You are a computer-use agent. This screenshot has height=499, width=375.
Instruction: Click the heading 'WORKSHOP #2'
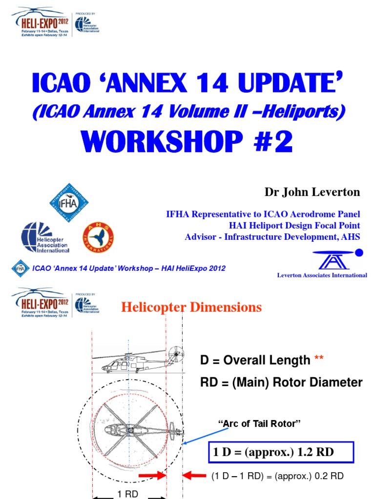(188, 142)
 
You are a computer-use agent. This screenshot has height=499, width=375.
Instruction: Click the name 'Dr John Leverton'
(312, 192)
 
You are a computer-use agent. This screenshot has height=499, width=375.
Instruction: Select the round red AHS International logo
(98, 237)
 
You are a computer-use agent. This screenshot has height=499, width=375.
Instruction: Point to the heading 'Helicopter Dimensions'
(191, 307)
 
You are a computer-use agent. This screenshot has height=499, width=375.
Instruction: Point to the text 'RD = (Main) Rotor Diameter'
(281, 383)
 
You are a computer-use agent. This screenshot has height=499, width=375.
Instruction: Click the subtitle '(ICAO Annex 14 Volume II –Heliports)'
(188, 112)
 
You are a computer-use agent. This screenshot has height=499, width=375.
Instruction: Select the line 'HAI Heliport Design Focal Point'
(294, 226)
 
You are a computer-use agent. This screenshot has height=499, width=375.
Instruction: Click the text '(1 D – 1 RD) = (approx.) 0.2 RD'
(277, 476)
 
